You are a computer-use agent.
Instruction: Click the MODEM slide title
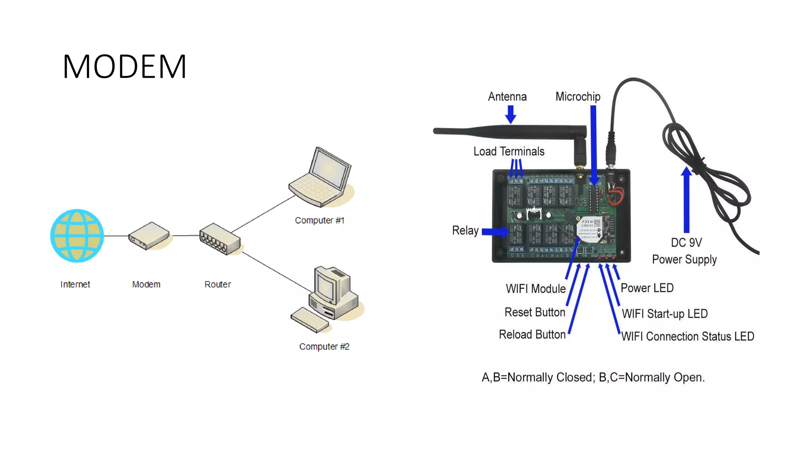pyautogui.click(x=124, y=67)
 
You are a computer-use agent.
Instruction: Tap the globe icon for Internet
pyautogui.click(x=77, y=235)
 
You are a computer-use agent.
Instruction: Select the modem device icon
pyautogui.click(x=149, y=235)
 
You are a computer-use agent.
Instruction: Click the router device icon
pyautogui.click(x=219, y=239)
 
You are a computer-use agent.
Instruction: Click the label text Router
pyautogui.click(x=217, y=284)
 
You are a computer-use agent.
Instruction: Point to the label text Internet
pyautogui.click(x=75, y=284)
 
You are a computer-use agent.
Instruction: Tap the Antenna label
pyautogui.click(x=507, y=97)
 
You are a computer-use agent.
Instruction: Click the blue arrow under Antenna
pyautogui.click(x=510, y=114)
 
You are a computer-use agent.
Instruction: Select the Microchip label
pyautogui.click(x=577, y=97)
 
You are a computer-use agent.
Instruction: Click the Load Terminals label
pyautogui.click(x=509, y=151)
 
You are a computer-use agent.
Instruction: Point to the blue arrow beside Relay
pyautogui.click(x=495, y=231)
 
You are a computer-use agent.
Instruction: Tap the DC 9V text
pyautogui.click(x=686, y=243)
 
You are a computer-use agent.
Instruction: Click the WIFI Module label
pyautogui.click(x=535, y=289)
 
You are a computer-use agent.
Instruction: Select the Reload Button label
pyautogui.click(x=532, y=335)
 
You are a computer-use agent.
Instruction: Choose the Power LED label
pyautogui.click(x=647, y=288)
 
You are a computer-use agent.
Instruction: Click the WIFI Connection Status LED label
pyautogui.click(x=688, y=337)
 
